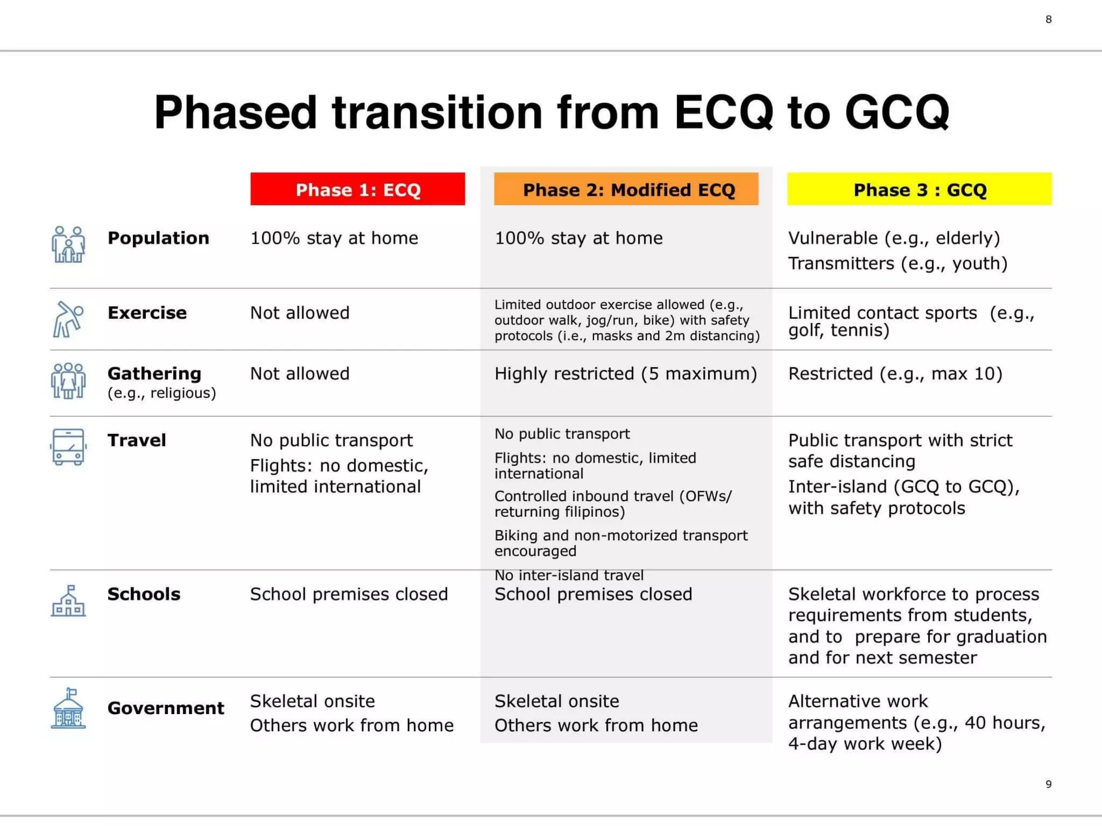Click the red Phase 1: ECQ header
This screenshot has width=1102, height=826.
(x=357, y=189)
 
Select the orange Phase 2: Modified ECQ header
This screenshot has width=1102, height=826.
(x=626, y=189)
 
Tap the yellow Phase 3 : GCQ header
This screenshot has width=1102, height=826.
(x=919, y=189)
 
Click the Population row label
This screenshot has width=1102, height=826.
(x=158, y=238)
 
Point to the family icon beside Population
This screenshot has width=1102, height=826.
(x=68, y=244)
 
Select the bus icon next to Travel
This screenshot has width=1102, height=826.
(x=68, y=446)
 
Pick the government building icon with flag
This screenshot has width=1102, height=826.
(x=68, y=708)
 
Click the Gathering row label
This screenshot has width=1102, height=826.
(x=154, y=373)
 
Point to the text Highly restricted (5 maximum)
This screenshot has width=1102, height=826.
(x=625, y=373)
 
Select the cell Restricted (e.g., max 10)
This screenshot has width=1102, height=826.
(x=895, y=373)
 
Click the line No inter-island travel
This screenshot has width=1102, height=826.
(x=569, y=575)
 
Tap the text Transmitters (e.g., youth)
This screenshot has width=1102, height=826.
(x=898, y=264)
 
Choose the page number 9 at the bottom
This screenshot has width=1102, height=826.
(x=1048, y=784)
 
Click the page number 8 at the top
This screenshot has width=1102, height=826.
(x=1048, y=19)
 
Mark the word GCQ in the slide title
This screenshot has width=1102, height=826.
(x=897, y=112)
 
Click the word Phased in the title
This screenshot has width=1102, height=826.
(x=235, y=112)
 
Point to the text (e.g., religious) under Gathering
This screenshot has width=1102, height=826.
(x=161, y=393)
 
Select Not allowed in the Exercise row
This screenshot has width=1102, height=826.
(x=300, y=312)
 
